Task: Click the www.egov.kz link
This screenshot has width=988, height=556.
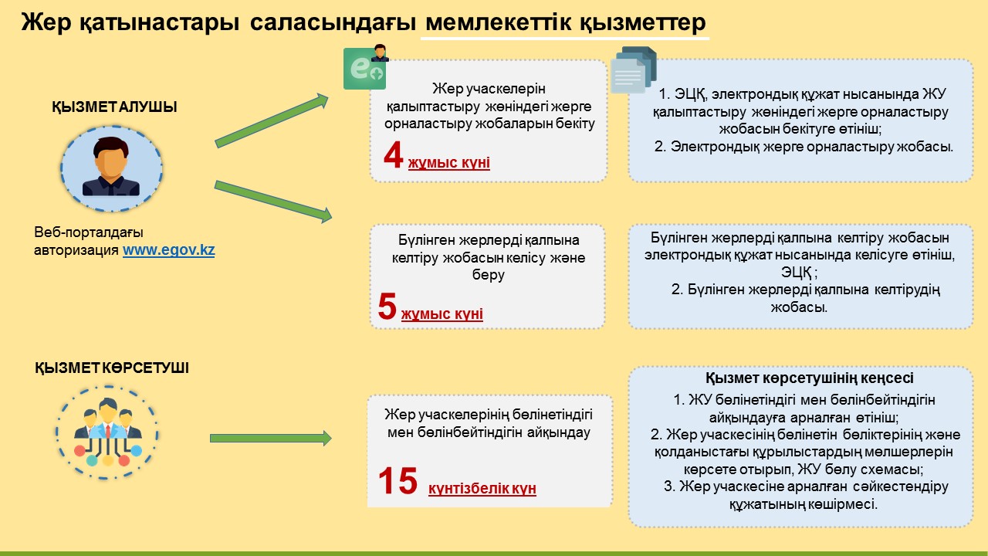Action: (x=168, y=250)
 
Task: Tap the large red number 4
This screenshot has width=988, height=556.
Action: (x=394, y=156)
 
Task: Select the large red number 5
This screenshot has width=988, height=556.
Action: (x=387, y=307)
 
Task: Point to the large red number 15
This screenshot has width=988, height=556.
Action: (x=398, y=482)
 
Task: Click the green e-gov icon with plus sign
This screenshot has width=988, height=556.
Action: (x=364, y=69)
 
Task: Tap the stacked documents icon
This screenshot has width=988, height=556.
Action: (x=634, y=70)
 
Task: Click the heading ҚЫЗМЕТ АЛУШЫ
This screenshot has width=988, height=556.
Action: (x=114, y=107)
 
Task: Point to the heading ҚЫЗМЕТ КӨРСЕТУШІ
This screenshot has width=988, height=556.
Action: (x=112, y=368)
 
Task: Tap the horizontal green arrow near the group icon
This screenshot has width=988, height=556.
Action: (x=270, y=438)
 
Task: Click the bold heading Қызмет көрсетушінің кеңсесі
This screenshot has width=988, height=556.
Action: (x=800, y=378)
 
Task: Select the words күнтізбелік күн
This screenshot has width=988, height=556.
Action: (x=482, y=489)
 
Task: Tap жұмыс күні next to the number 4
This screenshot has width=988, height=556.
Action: (x=448, y=163)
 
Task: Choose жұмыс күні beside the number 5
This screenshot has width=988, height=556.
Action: (x=442, y=314)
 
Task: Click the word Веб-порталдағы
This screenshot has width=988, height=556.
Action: (x=89, y=232)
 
